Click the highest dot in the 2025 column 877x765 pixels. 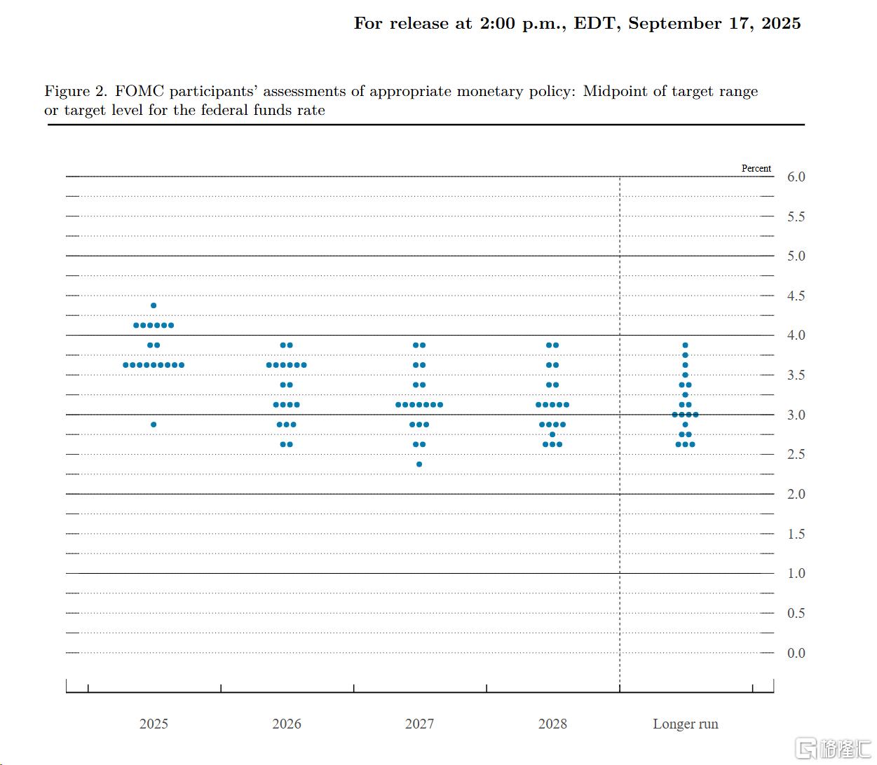point(154,305)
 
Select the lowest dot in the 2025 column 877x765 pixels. point(154,425)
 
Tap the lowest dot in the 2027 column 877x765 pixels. point(419,464)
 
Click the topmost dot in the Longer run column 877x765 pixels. point(685,345)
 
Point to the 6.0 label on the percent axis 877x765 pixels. point(796,177)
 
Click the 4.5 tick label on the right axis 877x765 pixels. point(796,296)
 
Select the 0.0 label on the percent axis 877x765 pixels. point(796,653)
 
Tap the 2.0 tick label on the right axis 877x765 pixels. point(796,495)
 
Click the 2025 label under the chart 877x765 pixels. point(154,724)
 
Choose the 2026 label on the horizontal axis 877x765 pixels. point(286,724)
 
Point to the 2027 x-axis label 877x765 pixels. point(419,724)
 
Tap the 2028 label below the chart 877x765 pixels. point(552,724)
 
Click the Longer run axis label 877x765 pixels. point(686,724)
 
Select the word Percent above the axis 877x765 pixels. point(756,168)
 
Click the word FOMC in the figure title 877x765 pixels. point(140,91)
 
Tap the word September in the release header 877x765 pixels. point(675,24)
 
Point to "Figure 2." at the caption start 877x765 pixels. point(76,91)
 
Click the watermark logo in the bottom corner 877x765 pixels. point(834,749)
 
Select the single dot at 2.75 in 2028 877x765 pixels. point(552,434)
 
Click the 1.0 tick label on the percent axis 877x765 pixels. point(796,574)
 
